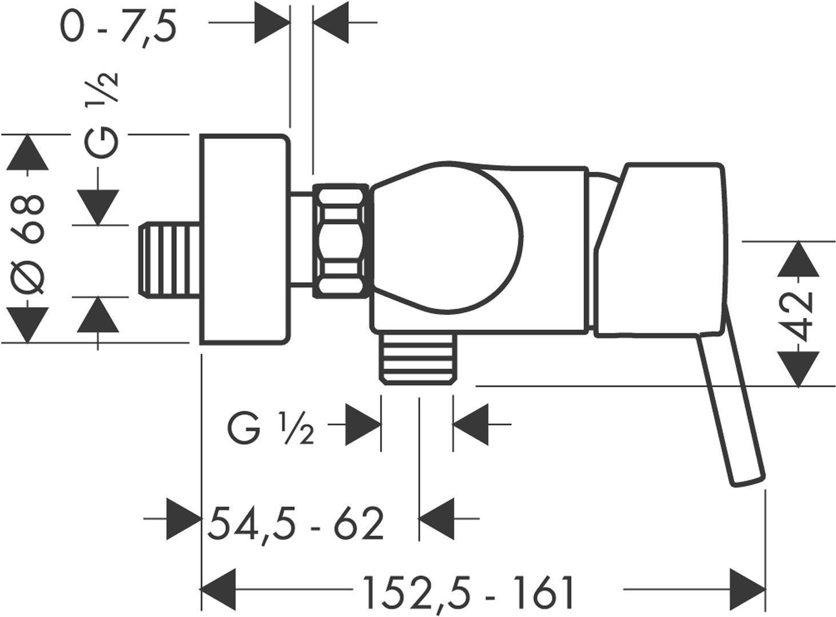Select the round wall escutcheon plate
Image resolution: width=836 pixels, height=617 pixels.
coord(245,239)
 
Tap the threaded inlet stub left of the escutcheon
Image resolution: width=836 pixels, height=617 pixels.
coord(169,261)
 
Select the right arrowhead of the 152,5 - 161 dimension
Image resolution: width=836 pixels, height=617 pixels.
coord(748,589)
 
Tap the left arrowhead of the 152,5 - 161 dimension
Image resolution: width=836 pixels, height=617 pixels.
coord(218,588)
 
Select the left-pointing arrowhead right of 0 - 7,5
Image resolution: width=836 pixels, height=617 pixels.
coord(331,23)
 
